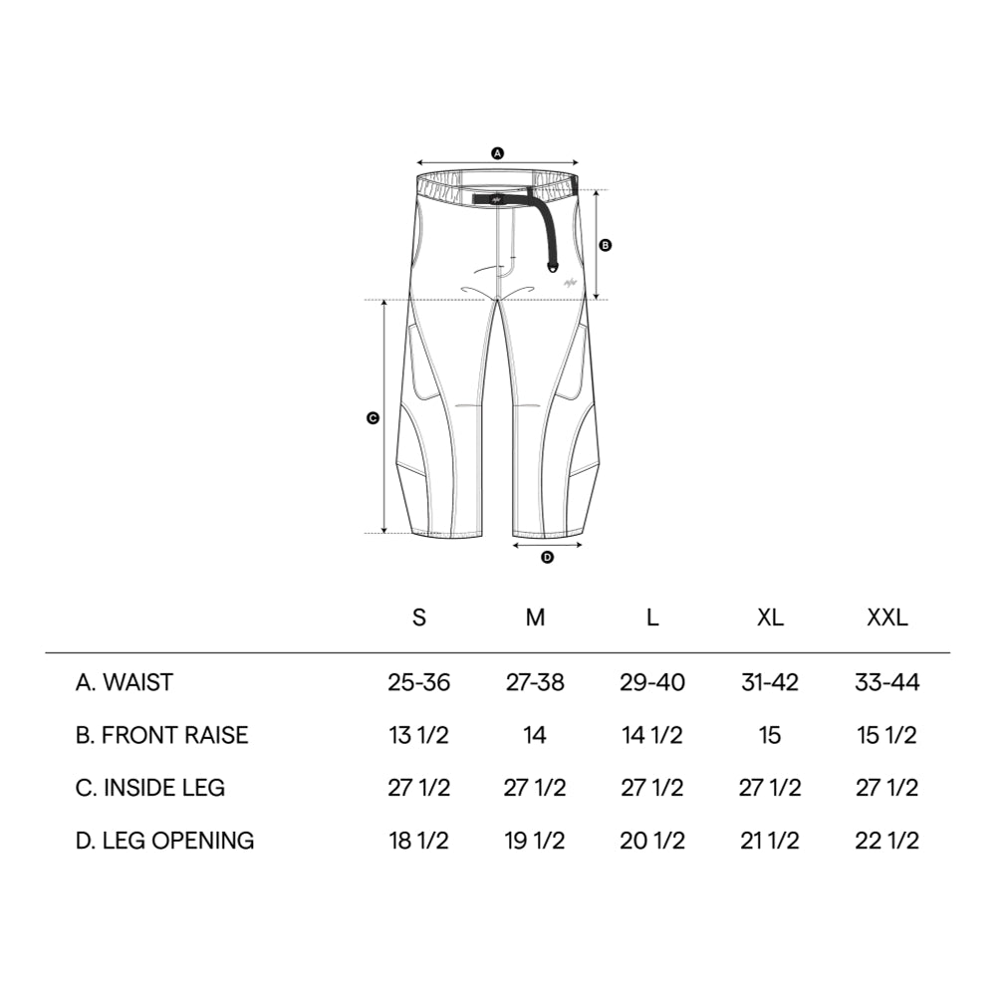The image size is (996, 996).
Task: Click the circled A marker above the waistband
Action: click(x=498, y=153)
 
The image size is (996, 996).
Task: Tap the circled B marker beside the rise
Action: click(x=606, y=244)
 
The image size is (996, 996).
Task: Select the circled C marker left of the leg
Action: click(x=373, y=418)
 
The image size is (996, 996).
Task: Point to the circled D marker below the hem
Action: click(x=547, y=558)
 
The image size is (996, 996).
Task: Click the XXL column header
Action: click(x=886, y=618)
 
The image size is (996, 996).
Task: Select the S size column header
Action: click(x=419, y=618)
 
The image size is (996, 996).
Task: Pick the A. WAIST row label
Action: click(x=124, y=683)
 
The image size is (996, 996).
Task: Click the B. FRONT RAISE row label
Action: click(x=161, y=736)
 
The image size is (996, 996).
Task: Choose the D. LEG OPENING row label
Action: click(x=164, y=841)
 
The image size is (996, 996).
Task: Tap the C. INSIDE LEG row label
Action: click(x=150, y=788)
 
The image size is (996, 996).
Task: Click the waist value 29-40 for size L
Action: click(x=652, y=683)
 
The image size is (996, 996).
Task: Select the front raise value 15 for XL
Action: click(x=770, y=736)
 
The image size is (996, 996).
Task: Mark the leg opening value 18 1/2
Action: click(x=419, y=841)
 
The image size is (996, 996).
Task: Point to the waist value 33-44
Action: click(x=886, y=683)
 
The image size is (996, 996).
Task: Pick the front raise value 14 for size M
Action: click(x=536, y=736)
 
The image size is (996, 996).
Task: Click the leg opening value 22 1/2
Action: click(x=886, y=841)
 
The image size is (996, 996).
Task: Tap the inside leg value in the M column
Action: click(x=536, y=788)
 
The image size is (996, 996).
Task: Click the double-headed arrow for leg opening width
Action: click(x=547, y=545)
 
